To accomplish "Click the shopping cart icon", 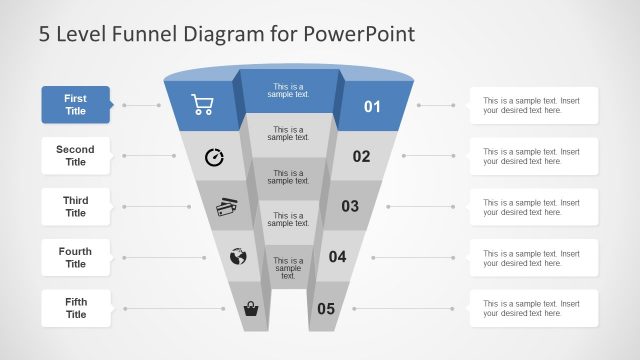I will coord(203,104).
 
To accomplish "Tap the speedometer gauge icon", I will coord(214,156).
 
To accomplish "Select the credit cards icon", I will coord(227,207).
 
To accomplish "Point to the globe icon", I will coord(238,257).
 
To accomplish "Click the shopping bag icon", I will coord(251,309).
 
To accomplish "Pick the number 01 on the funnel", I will coord(372,106).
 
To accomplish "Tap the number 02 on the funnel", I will coord(361,156).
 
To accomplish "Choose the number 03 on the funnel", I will coord(350,207).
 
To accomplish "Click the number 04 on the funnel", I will coord(338,257).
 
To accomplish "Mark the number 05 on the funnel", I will coord(326,309).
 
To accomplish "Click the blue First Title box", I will coord(76,105).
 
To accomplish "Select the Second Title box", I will coord(76,156).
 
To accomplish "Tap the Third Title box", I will coord(76,207).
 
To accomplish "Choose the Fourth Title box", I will coord(76,258).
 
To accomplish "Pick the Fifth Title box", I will coord(76,308).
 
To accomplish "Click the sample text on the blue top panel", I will coord(288,90).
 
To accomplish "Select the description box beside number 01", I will coord(534,105).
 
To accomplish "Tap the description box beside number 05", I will coord(534,308).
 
